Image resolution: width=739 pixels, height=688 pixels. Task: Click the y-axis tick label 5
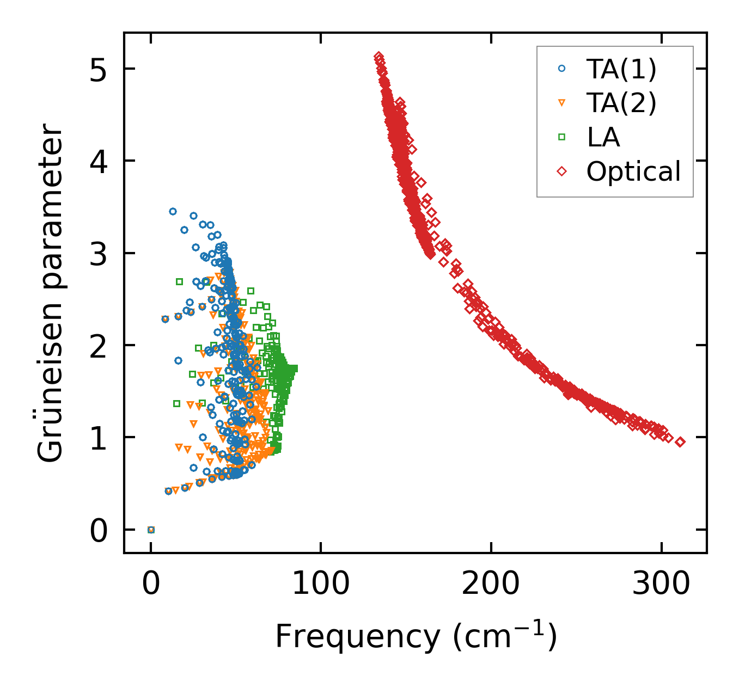tap(99, 69)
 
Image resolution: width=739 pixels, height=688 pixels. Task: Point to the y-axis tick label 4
tap(99, 161)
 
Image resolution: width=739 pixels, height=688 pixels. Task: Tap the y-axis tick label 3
tap(99, 254)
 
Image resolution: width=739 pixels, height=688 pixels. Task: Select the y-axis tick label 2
tap(99, 346)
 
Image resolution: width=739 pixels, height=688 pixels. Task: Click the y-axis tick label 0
tap(99, 530)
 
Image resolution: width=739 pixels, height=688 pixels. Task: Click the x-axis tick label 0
tap(151, 583)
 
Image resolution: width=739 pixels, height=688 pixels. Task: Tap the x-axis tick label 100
tap(321, 583)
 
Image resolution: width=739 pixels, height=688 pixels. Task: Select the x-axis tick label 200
tap(491, 583)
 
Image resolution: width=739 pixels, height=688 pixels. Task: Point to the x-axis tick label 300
tap(661, 583)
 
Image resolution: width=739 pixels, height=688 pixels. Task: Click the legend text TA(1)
tap(621, 69)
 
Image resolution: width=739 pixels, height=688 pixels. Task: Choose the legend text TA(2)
tap(621, 103)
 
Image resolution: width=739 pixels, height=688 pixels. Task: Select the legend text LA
tap(603, 137)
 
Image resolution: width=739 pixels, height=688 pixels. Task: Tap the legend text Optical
tap(633, 171)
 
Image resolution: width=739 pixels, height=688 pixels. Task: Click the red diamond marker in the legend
tap(562, 171)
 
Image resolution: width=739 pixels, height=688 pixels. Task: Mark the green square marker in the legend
tap(562, 137)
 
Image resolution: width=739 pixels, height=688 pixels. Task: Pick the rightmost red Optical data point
tap(680, 442)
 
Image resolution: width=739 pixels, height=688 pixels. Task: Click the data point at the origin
tap(151, 530)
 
